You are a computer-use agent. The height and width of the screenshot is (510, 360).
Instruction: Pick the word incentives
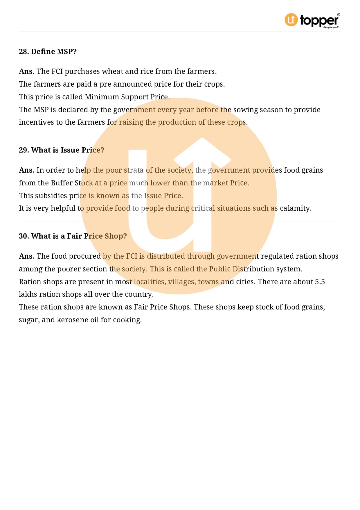[36, 122]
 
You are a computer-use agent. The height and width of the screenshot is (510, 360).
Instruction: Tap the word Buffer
[62, 183]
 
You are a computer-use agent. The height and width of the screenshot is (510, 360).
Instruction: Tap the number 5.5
[320, 282]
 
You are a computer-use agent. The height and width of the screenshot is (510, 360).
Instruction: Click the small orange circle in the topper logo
[291, 20]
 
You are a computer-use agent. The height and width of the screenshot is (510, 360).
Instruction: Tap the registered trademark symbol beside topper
[339, 15]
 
